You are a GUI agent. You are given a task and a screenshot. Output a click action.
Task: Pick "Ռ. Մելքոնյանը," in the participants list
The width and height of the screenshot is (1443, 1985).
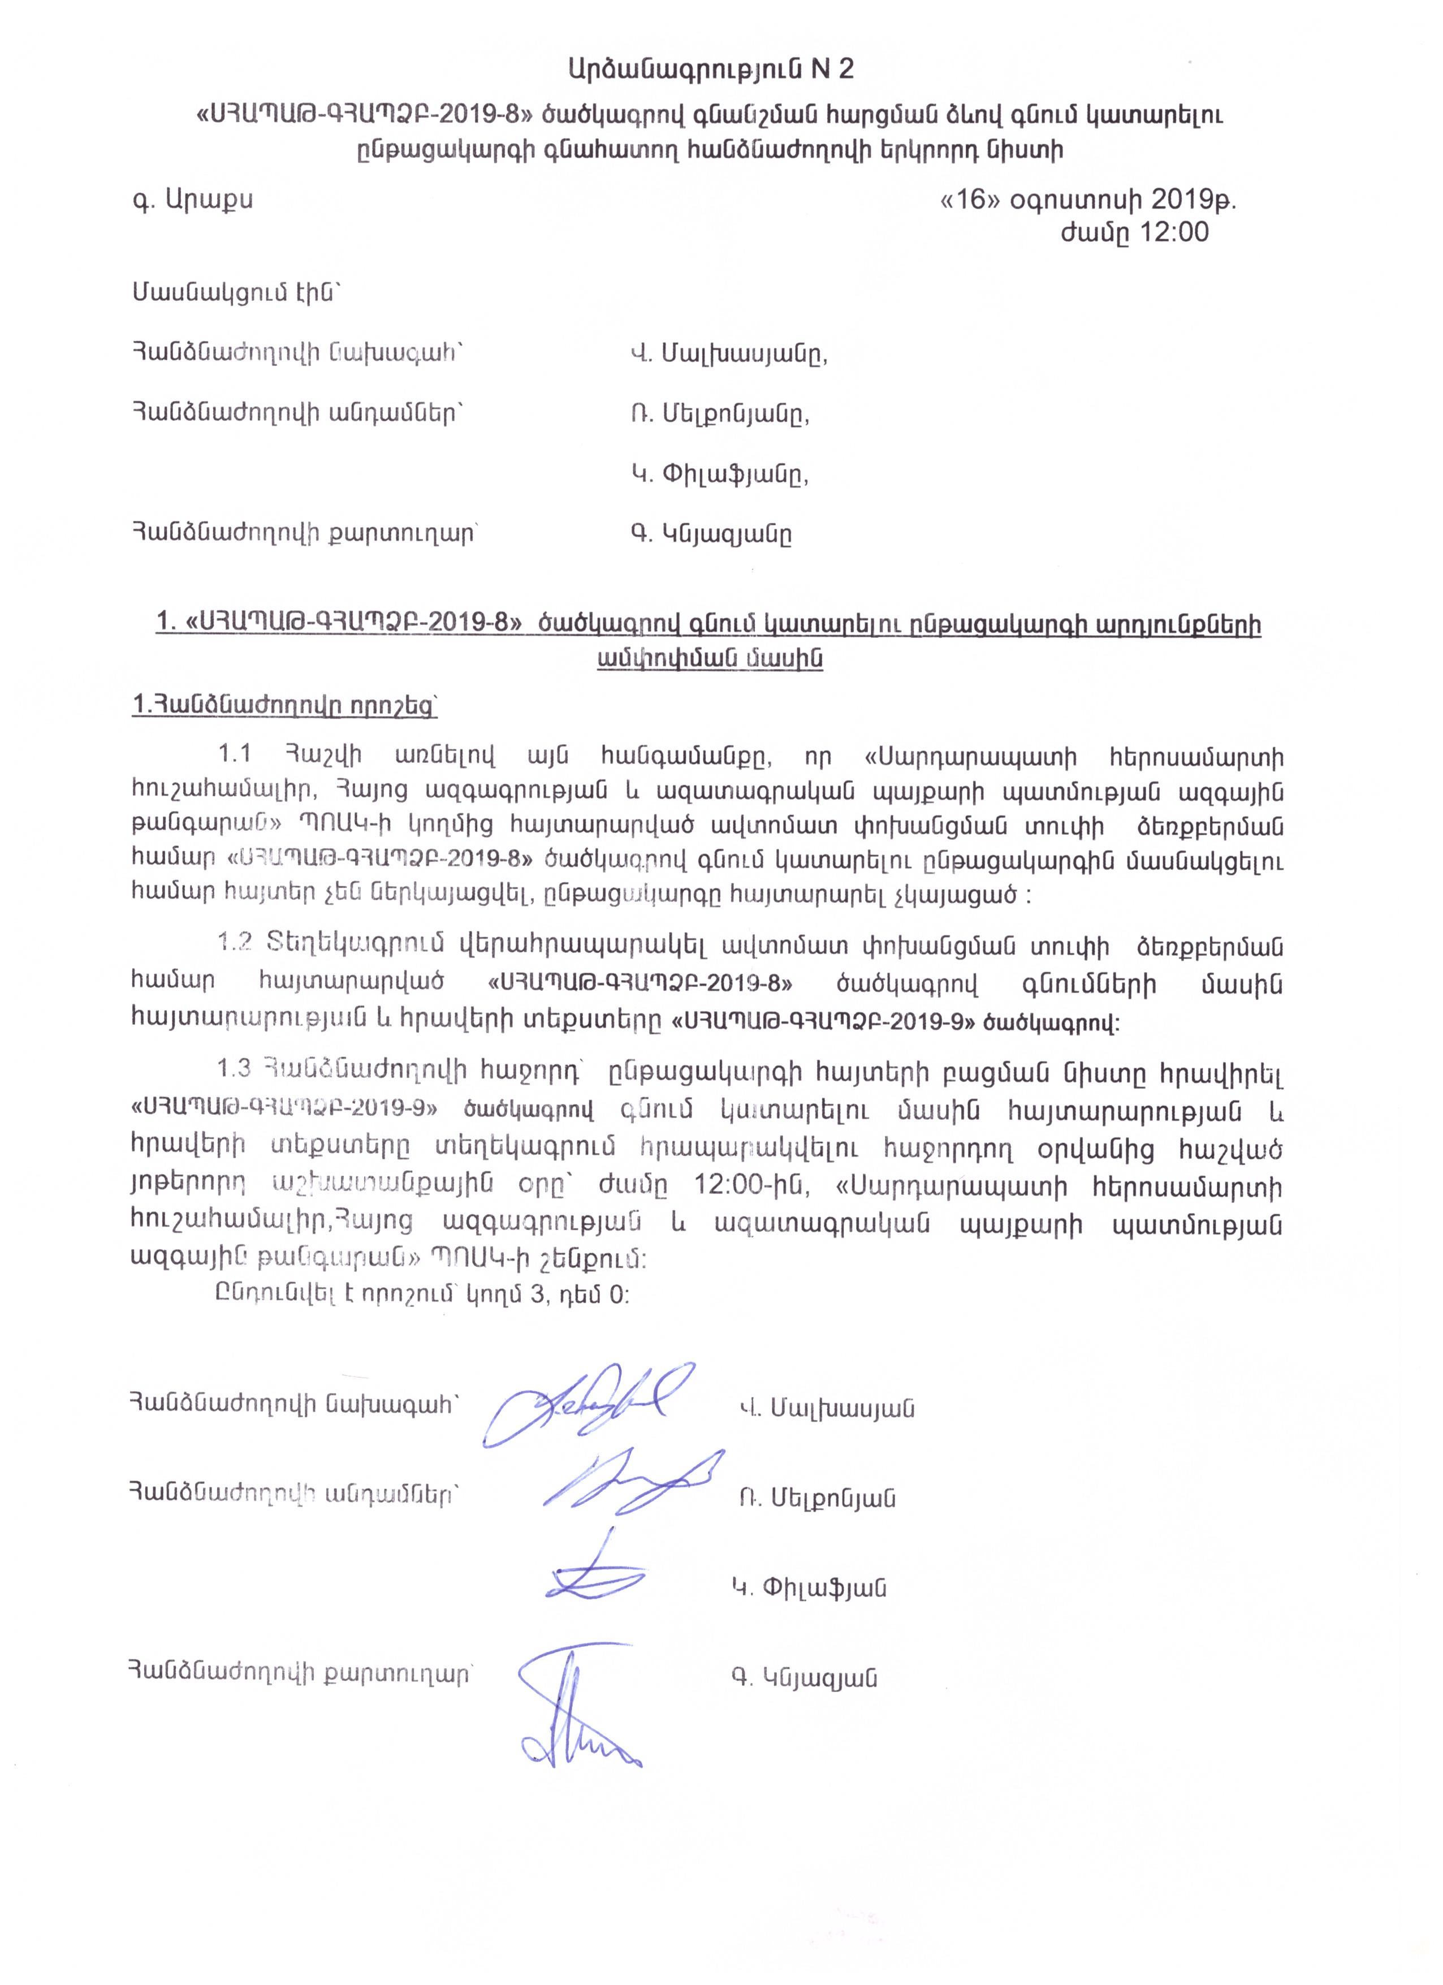719,414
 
